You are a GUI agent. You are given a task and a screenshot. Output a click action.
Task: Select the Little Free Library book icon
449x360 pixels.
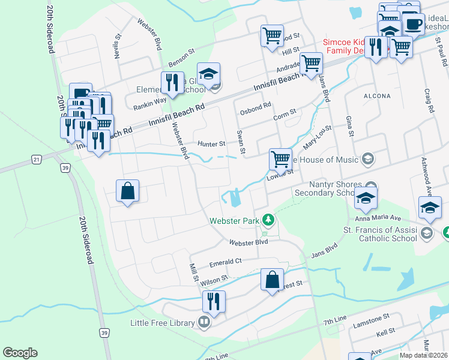[204, 323]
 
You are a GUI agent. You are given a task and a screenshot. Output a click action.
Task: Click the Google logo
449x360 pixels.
[20, 353]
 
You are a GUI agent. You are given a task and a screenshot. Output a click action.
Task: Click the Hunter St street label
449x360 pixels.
[211, 144]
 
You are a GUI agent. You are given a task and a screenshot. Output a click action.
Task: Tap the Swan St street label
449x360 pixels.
[240, 142]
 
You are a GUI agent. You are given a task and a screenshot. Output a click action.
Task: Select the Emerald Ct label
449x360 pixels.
[225, 262]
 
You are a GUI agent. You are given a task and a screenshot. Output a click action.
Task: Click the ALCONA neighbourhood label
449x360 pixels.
[378, 95]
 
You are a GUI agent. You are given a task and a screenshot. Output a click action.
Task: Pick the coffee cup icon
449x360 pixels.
[412, 23]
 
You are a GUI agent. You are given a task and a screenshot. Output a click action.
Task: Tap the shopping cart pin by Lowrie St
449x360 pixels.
[280, 159]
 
